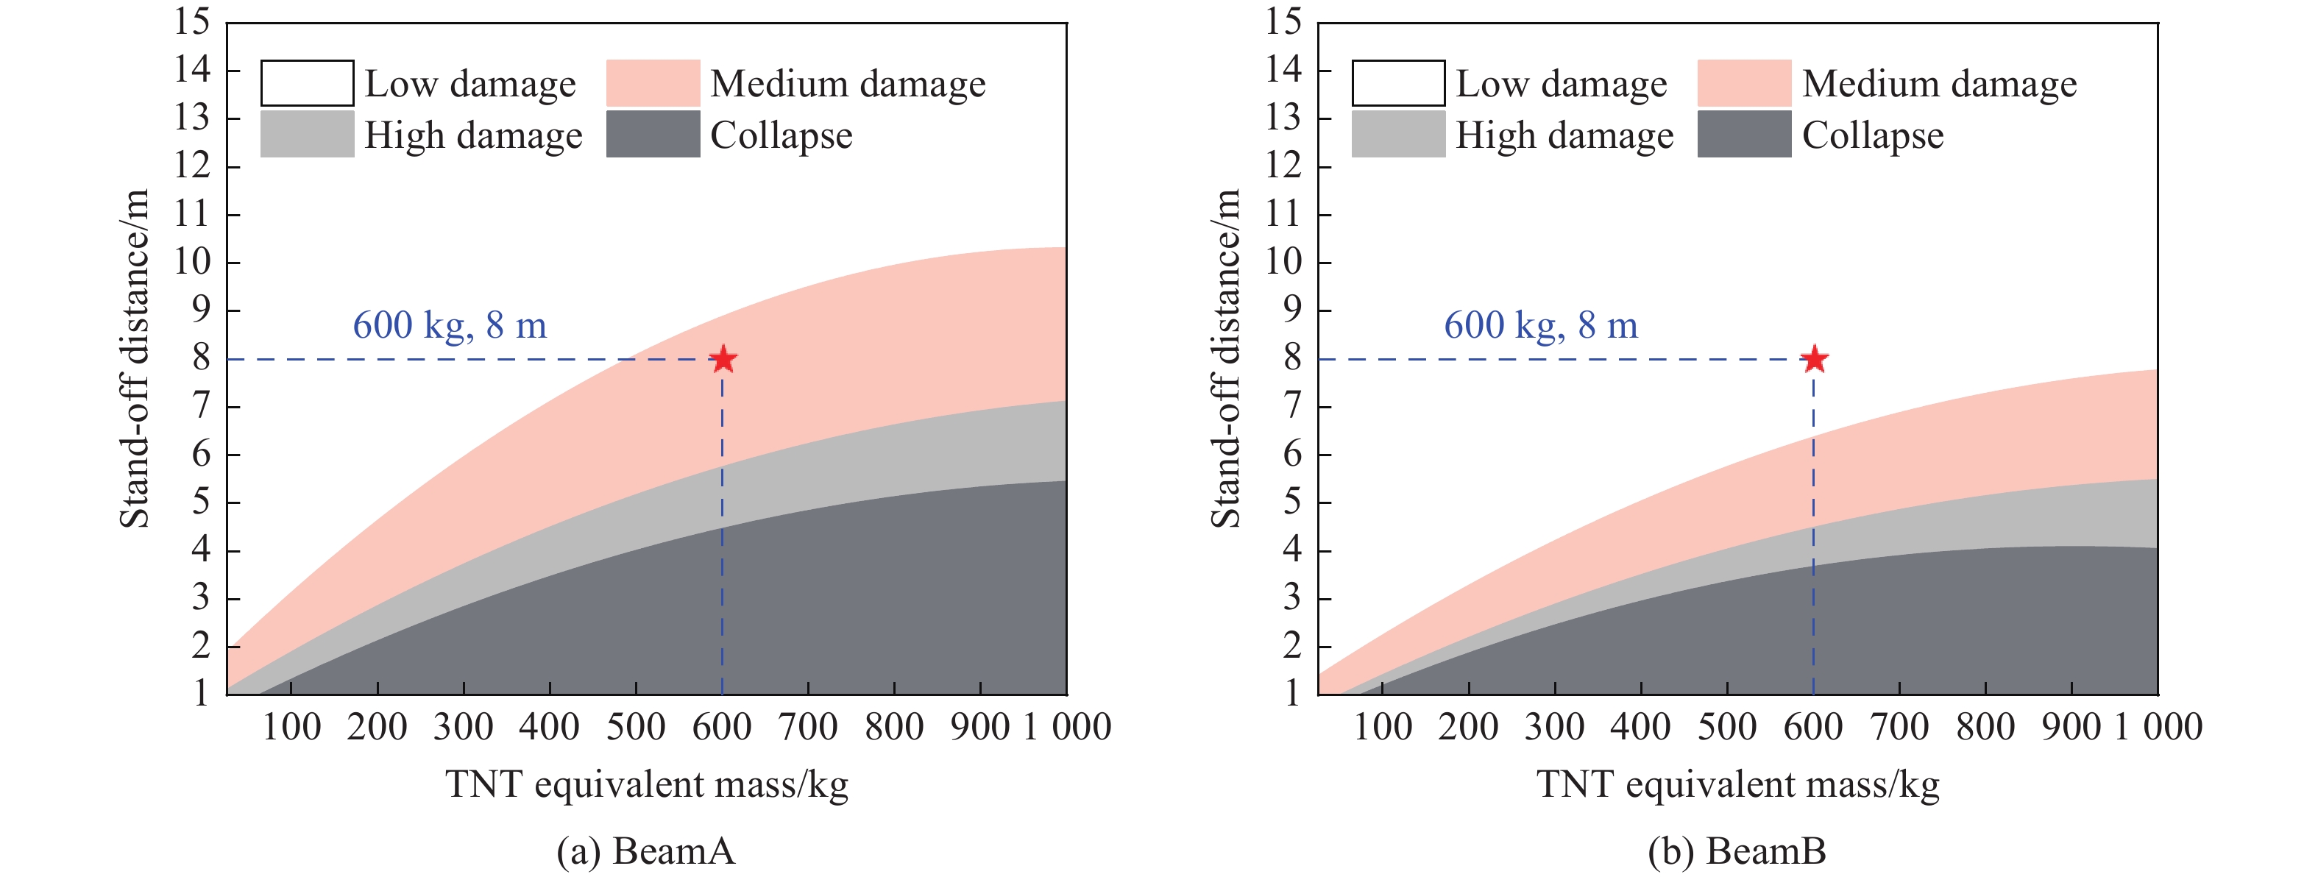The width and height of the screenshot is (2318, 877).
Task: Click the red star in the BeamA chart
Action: pyautogui.click(x=723, y=360)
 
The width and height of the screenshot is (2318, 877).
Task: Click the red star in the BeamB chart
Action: pyautogui.click(x=1814, y=360)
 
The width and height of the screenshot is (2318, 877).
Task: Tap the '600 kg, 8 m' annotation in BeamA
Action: pyautogui.click(x=449, y=326)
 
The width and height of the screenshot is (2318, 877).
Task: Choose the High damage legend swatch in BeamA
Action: pyautogui.click(x=307, y=134)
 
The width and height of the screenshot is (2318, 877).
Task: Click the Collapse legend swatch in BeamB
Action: pyautogui.click(x=1744, y=134)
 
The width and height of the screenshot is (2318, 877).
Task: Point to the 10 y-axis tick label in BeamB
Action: pyautogui.click(x=1283, y=262)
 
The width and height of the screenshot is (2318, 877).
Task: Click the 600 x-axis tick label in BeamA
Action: pyautogui.click(x=722, y=727)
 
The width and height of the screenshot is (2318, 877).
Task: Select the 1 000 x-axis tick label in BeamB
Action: pyautogui.click(x=2159, y=727)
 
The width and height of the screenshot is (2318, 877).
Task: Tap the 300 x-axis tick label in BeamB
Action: pyautogui.click(x=1554, y=727)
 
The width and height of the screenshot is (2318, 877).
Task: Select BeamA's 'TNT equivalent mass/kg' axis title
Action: pyautogui.click(x=646, y=784)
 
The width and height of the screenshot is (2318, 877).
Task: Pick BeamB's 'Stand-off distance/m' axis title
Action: pyautogui.click(x=1225, y=358)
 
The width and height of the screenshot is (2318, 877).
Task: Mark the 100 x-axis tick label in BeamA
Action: pyautogui.click(x=291, y=727)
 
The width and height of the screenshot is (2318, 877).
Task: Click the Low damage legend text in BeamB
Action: pyautogui.click(x=1562, y=85)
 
